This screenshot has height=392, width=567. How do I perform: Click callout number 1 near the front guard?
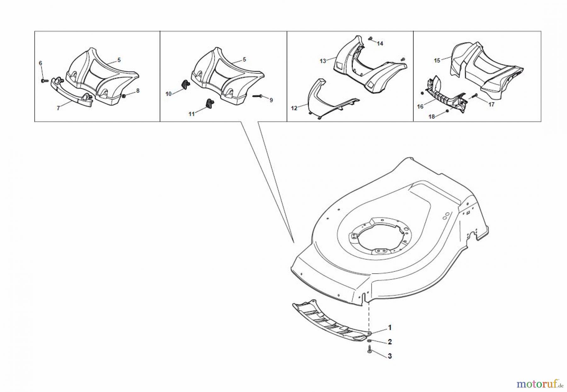point(390,328)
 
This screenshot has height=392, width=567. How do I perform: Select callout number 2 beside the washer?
point(390,342)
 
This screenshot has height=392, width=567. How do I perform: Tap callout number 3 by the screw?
point(390,356)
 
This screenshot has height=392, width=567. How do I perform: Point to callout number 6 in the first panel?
point(40,63)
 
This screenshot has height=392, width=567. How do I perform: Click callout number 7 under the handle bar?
point(58,108)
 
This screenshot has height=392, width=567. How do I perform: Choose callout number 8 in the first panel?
point(138,91)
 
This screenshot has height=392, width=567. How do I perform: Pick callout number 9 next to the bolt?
point(271,100)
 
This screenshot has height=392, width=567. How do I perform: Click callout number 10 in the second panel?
point(169,94)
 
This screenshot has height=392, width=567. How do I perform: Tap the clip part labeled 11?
point(209,103)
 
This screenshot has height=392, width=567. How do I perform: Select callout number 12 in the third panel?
point(294,108)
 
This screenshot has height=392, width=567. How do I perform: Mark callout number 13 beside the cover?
point(323,61)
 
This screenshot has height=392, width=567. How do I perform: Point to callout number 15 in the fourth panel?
point(437,60)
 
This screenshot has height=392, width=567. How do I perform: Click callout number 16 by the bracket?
point(420,107)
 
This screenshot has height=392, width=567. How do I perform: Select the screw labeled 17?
point(475,95)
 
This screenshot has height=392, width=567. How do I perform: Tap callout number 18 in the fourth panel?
point(432,117)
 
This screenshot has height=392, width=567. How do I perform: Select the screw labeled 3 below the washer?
point(370,349)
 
